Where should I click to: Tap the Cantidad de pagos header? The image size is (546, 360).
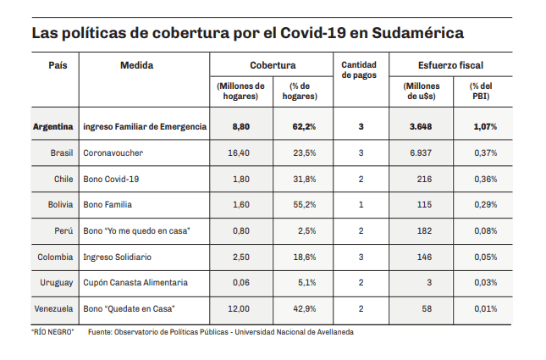coord(360,70)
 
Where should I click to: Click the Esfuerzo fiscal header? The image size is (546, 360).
coord(450,65)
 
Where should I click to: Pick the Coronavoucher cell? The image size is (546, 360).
coord(113,153)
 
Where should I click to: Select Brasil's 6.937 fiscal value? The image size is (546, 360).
coord(420,153)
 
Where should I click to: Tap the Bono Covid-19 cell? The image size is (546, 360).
coord(110,180)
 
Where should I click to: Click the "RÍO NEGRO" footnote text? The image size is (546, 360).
coord(52,332)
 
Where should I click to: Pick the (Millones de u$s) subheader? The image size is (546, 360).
coord(421,91)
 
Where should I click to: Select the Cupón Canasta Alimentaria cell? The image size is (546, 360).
coord(135,282)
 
